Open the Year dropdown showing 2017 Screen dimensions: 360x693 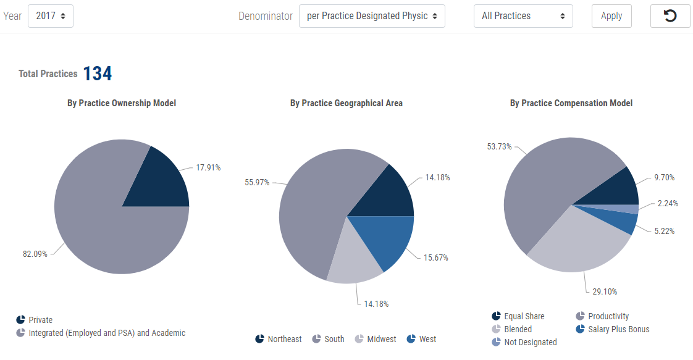point(51,16)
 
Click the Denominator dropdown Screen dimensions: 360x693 point(372,16)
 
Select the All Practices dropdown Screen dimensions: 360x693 point(523,16)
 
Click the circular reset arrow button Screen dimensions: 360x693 point(670,16)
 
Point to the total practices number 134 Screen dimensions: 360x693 point(98,73)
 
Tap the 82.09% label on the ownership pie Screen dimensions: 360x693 point(35,254)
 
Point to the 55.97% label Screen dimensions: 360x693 point(257,182)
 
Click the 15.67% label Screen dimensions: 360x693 point(436,257)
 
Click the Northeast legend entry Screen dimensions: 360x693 point(279,339)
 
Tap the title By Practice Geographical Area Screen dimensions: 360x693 point(346,103)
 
